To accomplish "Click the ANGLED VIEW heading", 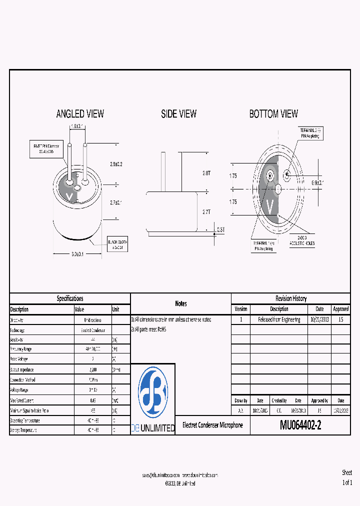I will (x=80, y=114).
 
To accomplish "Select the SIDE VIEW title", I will (x=178, y=114).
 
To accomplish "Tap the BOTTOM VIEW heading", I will (x=273, y=114).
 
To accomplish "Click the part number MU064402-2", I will (x=300, y=425).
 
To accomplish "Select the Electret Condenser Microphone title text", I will (x=212, y=425).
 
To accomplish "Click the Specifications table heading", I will (x=70, y=298).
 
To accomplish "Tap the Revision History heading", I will (x=290, y=298).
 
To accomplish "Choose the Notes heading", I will (x=180, y=303).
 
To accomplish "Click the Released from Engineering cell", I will (x=279, y=319).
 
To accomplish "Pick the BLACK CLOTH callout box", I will (x=118, y=244).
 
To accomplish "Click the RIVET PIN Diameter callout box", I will (x=46, y=149).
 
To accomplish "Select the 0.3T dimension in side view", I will (x=220, y=229).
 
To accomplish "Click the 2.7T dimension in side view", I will (x=206, y=212).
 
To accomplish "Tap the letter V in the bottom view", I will (x=270, y=205).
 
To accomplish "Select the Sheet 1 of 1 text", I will (x=347, y=477).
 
